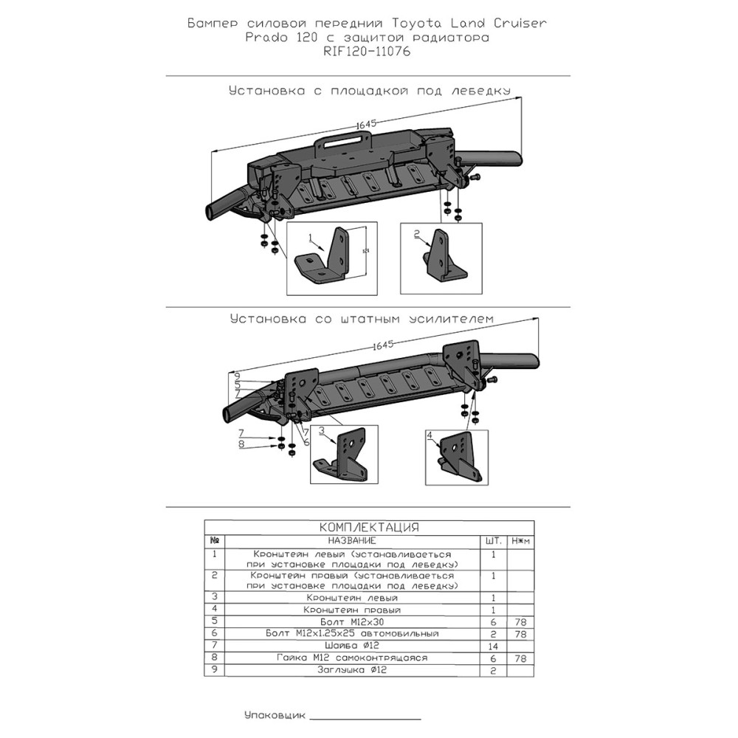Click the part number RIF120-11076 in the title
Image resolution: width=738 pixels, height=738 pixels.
[368, 52]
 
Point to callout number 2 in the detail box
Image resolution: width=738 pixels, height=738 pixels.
[417, 235]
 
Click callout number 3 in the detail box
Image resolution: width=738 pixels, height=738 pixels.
[322, 430]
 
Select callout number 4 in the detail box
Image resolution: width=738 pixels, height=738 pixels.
[429, 435]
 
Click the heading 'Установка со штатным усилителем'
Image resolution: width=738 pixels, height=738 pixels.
[361, 319]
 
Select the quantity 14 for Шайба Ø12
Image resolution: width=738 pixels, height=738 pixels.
[493, 646]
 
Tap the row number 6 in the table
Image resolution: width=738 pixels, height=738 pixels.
[214, 634]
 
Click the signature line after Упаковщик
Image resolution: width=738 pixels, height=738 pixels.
[365, 718]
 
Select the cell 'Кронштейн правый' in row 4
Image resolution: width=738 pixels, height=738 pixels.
[351, 610]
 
